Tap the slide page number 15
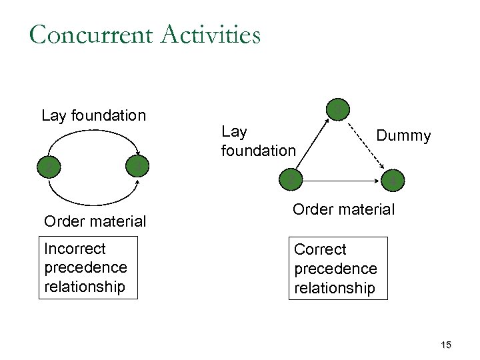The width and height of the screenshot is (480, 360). [446, 345]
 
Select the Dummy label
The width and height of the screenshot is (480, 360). [403, 136]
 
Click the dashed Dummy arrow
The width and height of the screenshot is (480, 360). [369, 145]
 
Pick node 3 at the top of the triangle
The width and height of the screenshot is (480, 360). [339, 109]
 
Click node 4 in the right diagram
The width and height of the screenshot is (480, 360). [393, 179]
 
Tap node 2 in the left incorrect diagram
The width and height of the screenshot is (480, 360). [47, 166]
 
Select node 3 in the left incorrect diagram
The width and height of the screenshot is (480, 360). [137, 165]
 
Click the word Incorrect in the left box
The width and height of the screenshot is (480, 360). [75, 249]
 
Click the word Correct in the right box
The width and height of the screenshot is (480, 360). [320, 249]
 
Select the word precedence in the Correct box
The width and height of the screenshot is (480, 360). [335, 269]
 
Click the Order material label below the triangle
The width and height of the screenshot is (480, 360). [343, 209]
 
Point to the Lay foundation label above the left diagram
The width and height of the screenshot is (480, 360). [93, 115]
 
